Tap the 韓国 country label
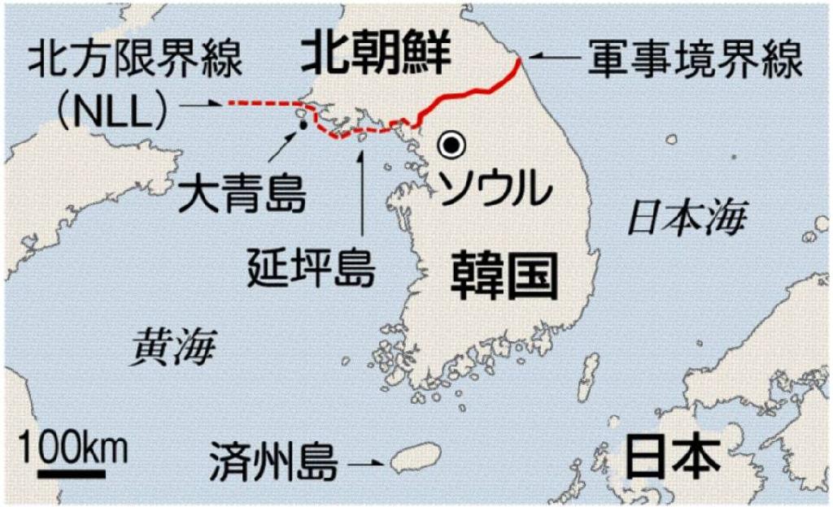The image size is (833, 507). pyautogui.click(x=504, y=275)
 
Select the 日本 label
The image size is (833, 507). pyautogui.click(x=673, y=457)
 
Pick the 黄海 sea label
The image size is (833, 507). pyautogui.click(x=177, y=348)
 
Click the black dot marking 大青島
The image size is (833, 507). pyautogui.click(x=303, y=126)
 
